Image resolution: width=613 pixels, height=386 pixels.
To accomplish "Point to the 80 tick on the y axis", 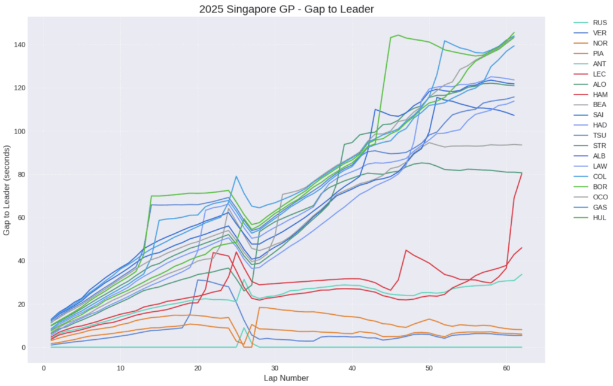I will (x=19, y=175).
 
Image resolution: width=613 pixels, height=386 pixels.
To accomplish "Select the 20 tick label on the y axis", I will (x=19, y=304).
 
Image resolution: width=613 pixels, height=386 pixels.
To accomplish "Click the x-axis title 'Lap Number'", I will (x=286, y=378).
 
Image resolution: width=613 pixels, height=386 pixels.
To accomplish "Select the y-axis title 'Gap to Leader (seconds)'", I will (x=7, y=189).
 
